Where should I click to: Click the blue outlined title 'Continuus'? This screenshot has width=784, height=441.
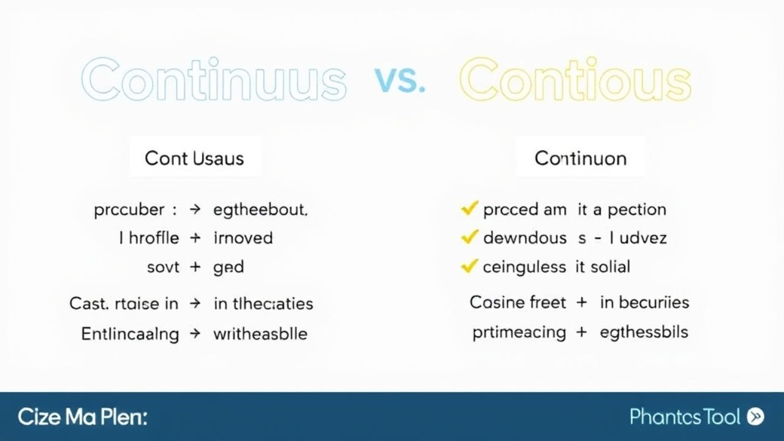pyautogui.click(x=214, y=80)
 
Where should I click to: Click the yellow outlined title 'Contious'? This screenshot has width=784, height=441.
pyautogui.click(x=575, y=80)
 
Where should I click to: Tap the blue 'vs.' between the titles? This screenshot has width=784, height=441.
pyautogui.click(x=399, y=80)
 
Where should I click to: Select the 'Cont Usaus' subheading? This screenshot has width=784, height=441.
pyautogui.click(x=194, y=158)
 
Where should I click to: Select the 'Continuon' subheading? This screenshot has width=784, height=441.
pyautogui.click(x=580, y=158)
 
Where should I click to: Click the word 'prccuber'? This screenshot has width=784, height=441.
pyautogui.click(x=129, y=210)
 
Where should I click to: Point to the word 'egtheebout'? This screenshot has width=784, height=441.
pyautogui.click(x=260, y=210)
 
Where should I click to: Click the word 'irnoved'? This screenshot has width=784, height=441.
pyautogui.click(x=243, y=238)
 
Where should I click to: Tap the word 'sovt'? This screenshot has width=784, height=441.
pyautogui.click(x=164, y=267)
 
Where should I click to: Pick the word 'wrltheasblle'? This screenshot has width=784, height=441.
pyautogui.click(x=260, y=334)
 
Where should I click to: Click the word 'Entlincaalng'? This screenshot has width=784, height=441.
pyautogui.click(x=130, y=334)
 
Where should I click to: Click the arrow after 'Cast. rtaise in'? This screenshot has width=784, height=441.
pyautogui.click(x=195, y=303)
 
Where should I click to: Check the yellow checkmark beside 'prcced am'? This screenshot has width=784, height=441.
pyautogui.click(x=469, y=209)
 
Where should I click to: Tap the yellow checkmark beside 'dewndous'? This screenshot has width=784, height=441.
pyautogui.click(x=469, y=237)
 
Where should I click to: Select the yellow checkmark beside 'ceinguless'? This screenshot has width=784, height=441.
pyautogui.click(x=469, y=266)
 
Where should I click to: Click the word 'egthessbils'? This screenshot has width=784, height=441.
pyautogui.click(x=644, y=333)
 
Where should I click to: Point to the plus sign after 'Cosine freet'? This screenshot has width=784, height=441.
pyautogui.click(x=581, y=303)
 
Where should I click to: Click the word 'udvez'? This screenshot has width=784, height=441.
pyautogui.click(x=643, y=238)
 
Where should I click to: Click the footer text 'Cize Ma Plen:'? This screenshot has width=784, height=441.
pyautogui.click(x=83, y=417)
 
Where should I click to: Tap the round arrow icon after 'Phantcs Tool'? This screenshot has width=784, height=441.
pyautogui.click(x=756, y=417)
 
